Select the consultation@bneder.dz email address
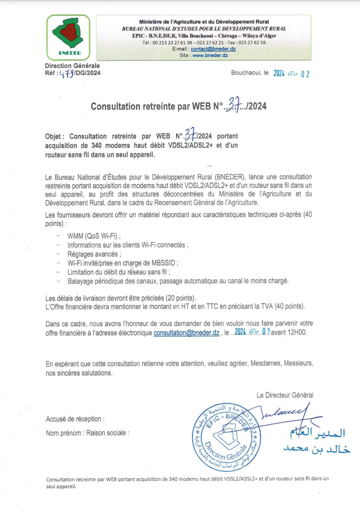tap(186, 333)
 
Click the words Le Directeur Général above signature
tap(285, 395)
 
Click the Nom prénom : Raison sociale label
tap(88, 433)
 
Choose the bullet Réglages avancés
tap(94, 254)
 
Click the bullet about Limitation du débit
tap(118, 272)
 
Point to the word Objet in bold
tap(54, 137)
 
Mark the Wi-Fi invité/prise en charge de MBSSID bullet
tap(123, 263)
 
